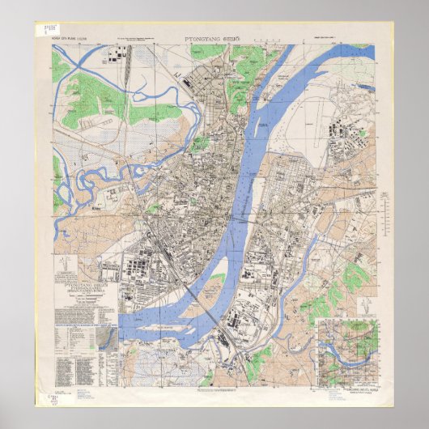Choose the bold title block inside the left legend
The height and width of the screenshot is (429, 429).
pyautogui.click(x=83, y=284)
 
